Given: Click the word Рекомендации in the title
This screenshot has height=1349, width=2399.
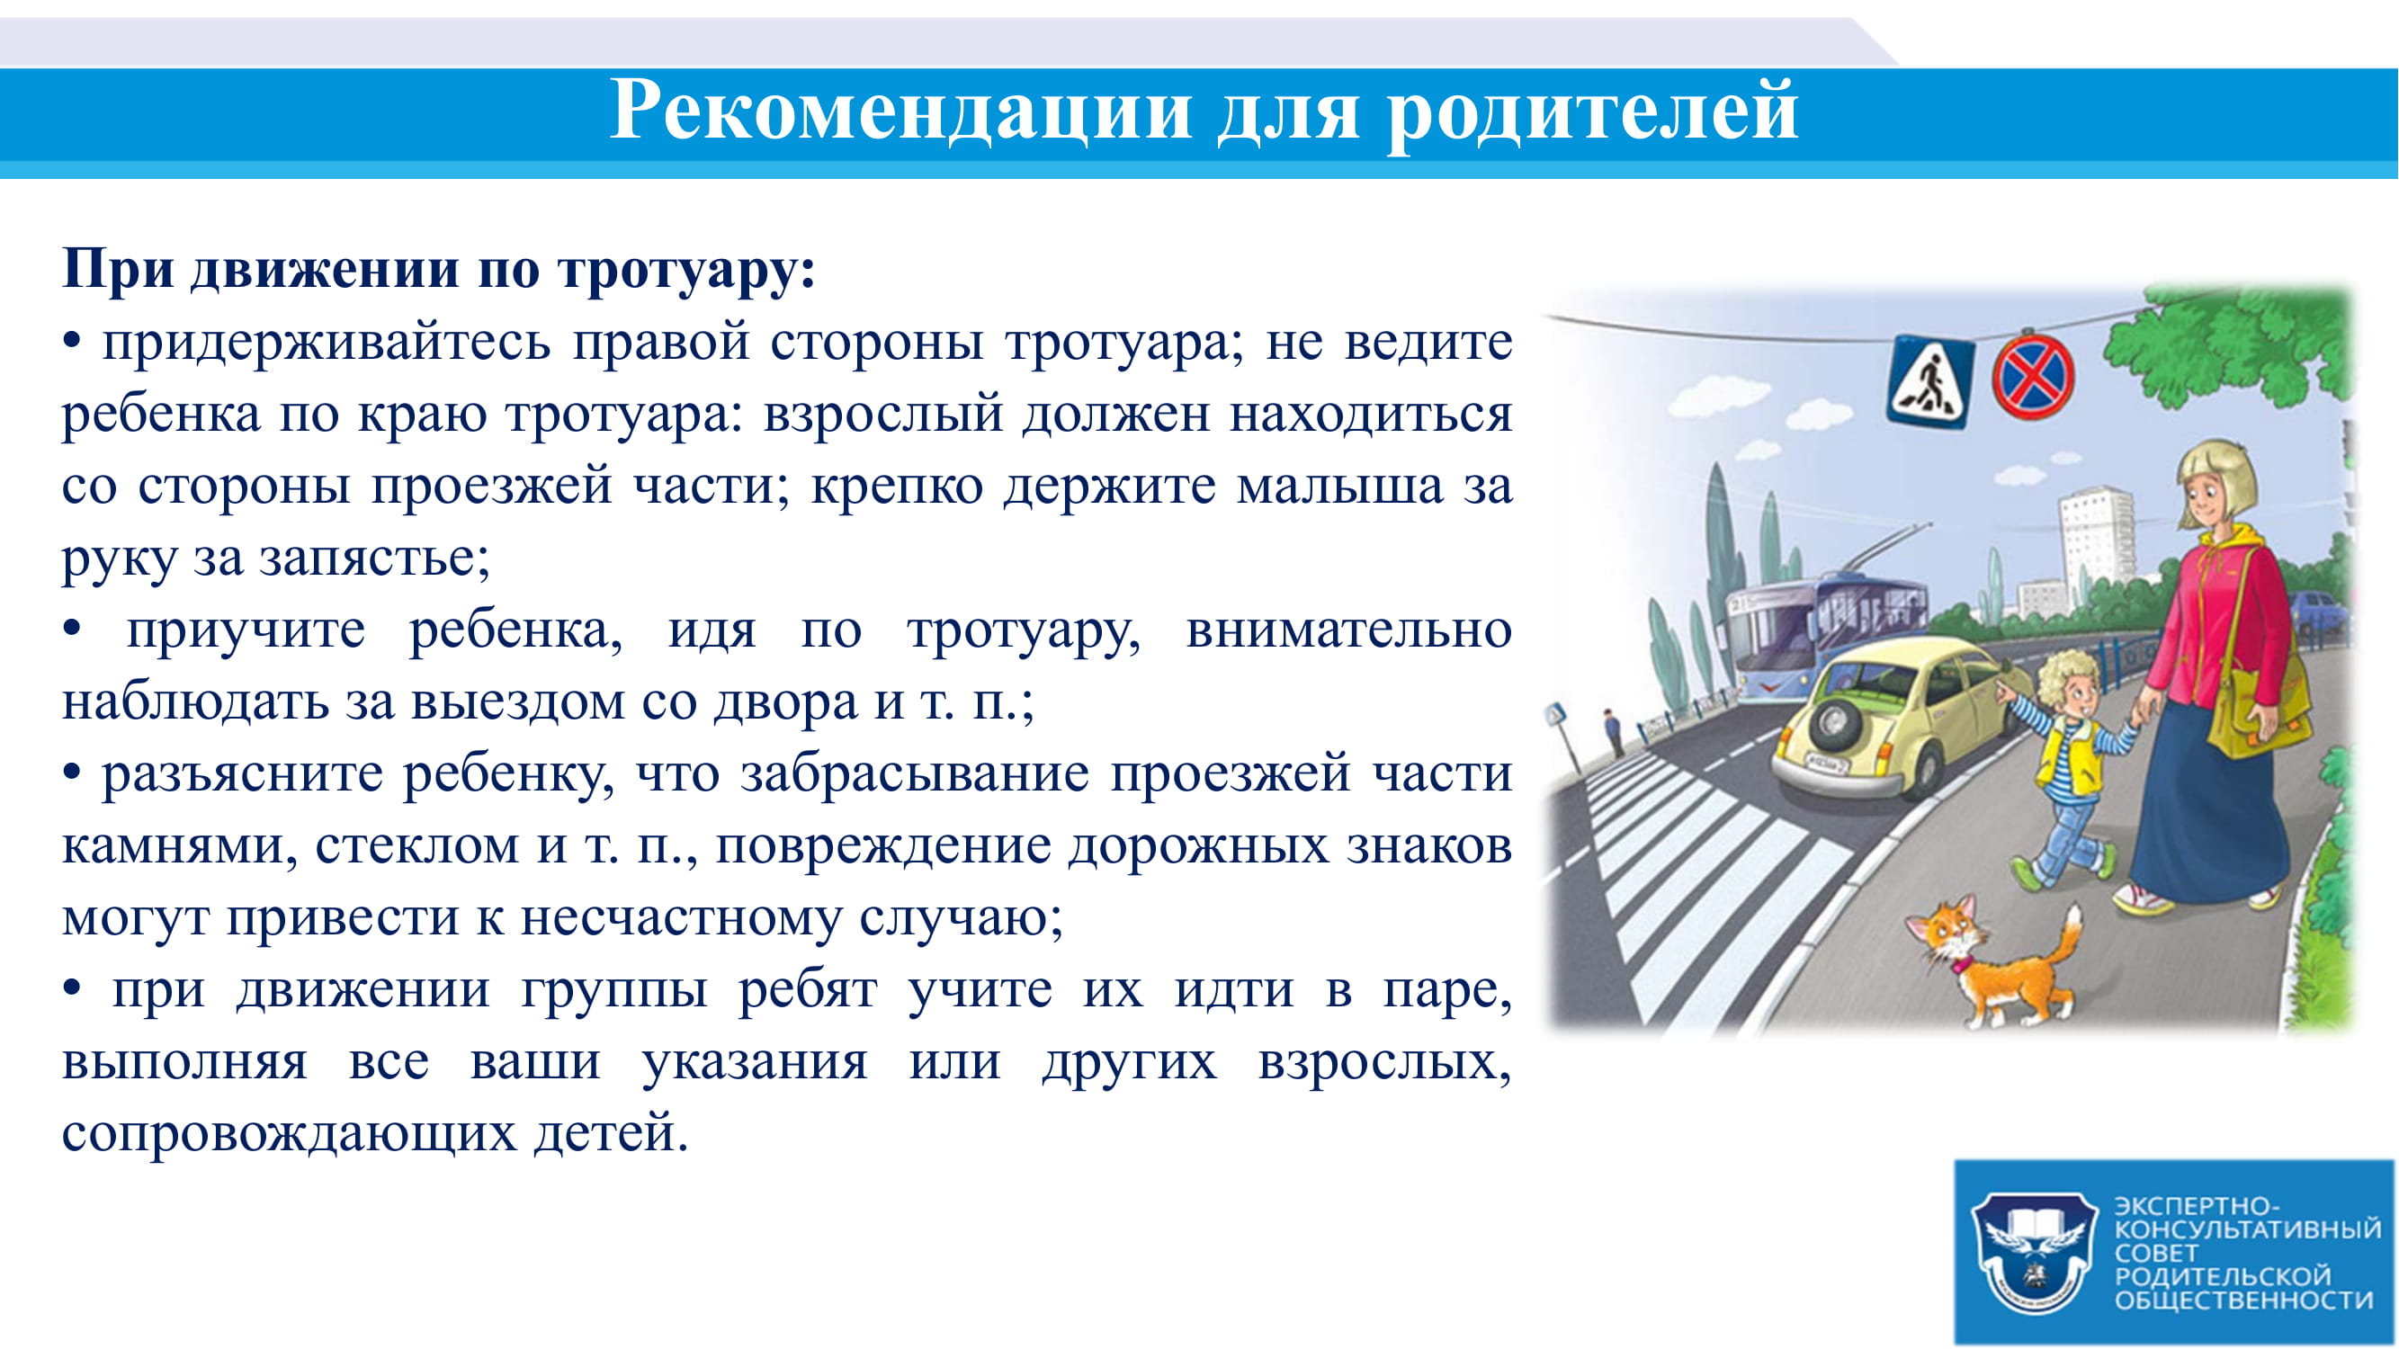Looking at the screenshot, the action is coord(900,111).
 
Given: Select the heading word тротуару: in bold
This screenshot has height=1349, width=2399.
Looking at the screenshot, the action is coord(686,272).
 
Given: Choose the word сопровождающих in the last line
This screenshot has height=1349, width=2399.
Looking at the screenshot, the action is coord(289,1135).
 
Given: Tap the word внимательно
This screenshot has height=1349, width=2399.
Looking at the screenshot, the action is coord(1348,631).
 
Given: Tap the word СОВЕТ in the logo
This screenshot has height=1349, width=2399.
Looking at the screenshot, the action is coord(2156,1252).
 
